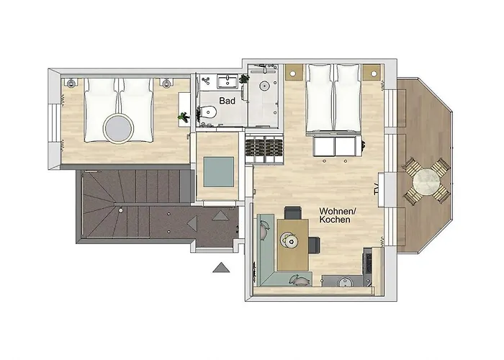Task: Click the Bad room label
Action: (228, 101)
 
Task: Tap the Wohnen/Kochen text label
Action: (336, 215)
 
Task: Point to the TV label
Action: (376, 189)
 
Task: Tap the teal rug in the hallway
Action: (218, 171)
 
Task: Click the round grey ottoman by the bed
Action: (118, 129)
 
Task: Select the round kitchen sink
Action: (346, 282)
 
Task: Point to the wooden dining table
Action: (293, 244)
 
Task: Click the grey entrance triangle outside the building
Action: (221, 267)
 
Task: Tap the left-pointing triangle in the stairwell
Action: (192, 223)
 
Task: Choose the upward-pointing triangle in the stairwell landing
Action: (220, 215)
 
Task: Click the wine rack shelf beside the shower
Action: (264, 150)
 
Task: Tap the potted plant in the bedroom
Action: (184, 117)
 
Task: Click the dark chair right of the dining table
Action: (315, 244)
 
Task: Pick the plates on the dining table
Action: (289, 240)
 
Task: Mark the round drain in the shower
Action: (264, 86)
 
